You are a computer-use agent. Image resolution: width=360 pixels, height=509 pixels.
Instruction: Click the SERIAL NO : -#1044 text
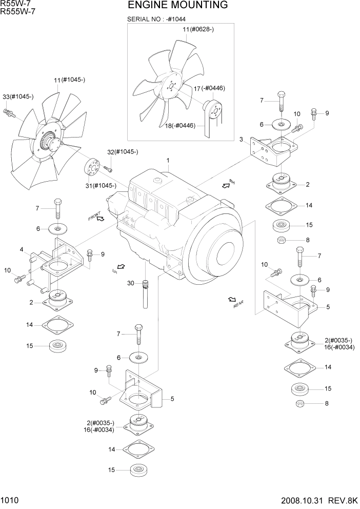coord(156,19)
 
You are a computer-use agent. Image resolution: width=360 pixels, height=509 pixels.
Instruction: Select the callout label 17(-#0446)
coord(209,88)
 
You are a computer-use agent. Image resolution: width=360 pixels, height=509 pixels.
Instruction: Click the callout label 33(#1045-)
coord(18,96)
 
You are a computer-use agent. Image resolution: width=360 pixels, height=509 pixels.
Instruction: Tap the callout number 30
coord(131,283)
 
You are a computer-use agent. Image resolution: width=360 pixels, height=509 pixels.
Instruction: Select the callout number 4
coord(22,250)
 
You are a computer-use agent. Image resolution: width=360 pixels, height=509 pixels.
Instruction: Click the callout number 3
coord(241,139)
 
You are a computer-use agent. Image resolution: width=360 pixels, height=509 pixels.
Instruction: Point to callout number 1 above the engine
coord(167,161)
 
